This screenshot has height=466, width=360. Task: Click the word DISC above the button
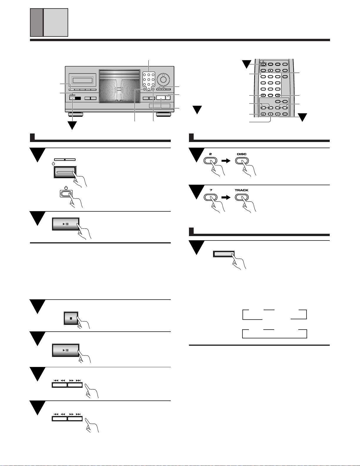pyautogui.click(x=242, y=154)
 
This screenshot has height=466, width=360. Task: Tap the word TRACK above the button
pyautogui.click(x=242, y=190)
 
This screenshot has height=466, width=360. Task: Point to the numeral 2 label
pyautogui.click(x=210, y=154)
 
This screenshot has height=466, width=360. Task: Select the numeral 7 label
pyautogui.click(x=210, y=190)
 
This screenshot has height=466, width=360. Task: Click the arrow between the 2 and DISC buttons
pyautogui.click(x=226, y=161)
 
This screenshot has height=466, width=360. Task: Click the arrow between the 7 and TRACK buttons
pyautogui.click(x=226, y=197)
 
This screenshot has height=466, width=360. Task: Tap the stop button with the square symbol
pyautogui.click(x=71, y=318)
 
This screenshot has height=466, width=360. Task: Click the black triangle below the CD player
pyautogui.click(x=72, y=126)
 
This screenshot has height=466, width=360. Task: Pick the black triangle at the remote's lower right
pyautogui.click(x=303, y=118)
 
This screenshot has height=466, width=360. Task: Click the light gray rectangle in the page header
pyautogui.click(x=56, y=22)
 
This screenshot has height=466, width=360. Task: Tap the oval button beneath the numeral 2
pyautogui.click(x=210, y=161)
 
